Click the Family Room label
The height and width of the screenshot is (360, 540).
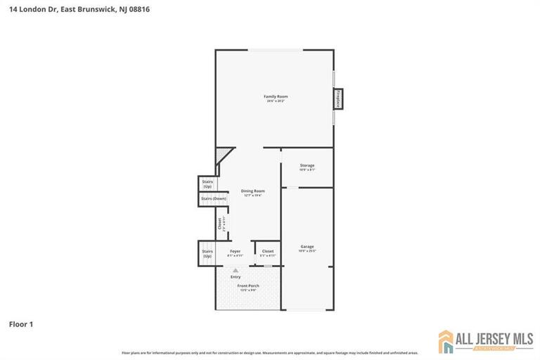pos(276,96)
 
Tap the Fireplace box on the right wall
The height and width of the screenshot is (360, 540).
pos(339,99)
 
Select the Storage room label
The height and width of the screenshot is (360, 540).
pos(307,166)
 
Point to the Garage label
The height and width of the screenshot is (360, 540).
pos(307,247)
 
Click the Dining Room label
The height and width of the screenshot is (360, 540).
pos(252,191)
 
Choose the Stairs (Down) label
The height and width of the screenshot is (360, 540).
pos(213,198)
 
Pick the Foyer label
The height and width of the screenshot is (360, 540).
pos(236,251)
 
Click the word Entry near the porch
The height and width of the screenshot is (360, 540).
pos(236,276)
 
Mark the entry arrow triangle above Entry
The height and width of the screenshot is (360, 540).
pos(236,269)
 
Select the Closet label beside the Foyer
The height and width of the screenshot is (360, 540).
pos(268,251)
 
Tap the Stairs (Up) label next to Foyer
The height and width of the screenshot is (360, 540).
pos(207,253)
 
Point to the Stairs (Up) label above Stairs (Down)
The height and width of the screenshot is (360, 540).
pos(207,184)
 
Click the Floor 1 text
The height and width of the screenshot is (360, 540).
pos(21,324)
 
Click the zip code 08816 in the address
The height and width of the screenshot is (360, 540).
pos(138,10)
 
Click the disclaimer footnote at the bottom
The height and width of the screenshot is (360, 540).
pos(270,352)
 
